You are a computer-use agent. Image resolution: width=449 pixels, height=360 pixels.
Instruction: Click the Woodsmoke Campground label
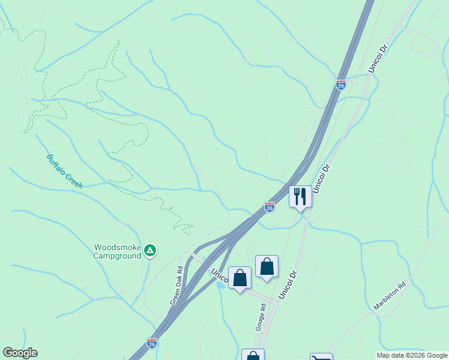tap(117, 251)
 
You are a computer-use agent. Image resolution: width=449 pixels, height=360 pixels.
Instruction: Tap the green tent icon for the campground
tap(150, 250)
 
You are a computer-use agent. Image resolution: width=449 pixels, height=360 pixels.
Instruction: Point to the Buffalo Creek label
tap(64, 171)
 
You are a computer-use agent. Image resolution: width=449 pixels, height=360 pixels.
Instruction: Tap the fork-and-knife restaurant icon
tap(300, 196)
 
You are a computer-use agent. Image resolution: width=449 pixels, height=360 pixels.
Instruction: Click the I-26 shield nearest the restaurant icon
tap(270, 207)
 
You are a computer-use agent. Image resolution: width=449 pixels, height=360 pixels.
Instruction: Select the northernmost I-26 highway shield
tap(340, 85)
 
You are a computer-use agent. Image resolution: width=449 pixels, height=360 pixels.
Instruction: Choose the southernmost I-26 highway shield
tap(152, 343)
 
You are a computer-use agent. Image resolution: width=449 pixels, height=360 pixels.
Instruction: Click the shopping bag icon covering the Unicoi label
tap(240, 278)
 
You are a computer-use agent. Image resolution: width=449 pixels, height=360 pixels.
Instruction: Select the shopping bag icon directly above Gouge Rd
tap(267, 266)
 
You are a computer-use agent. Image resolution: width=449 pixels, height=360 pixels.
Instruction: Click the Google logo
tap(20, 353)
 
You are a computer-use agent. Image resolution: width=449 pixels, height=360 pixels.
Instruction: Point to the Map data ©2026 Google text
tap(412, 355)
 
